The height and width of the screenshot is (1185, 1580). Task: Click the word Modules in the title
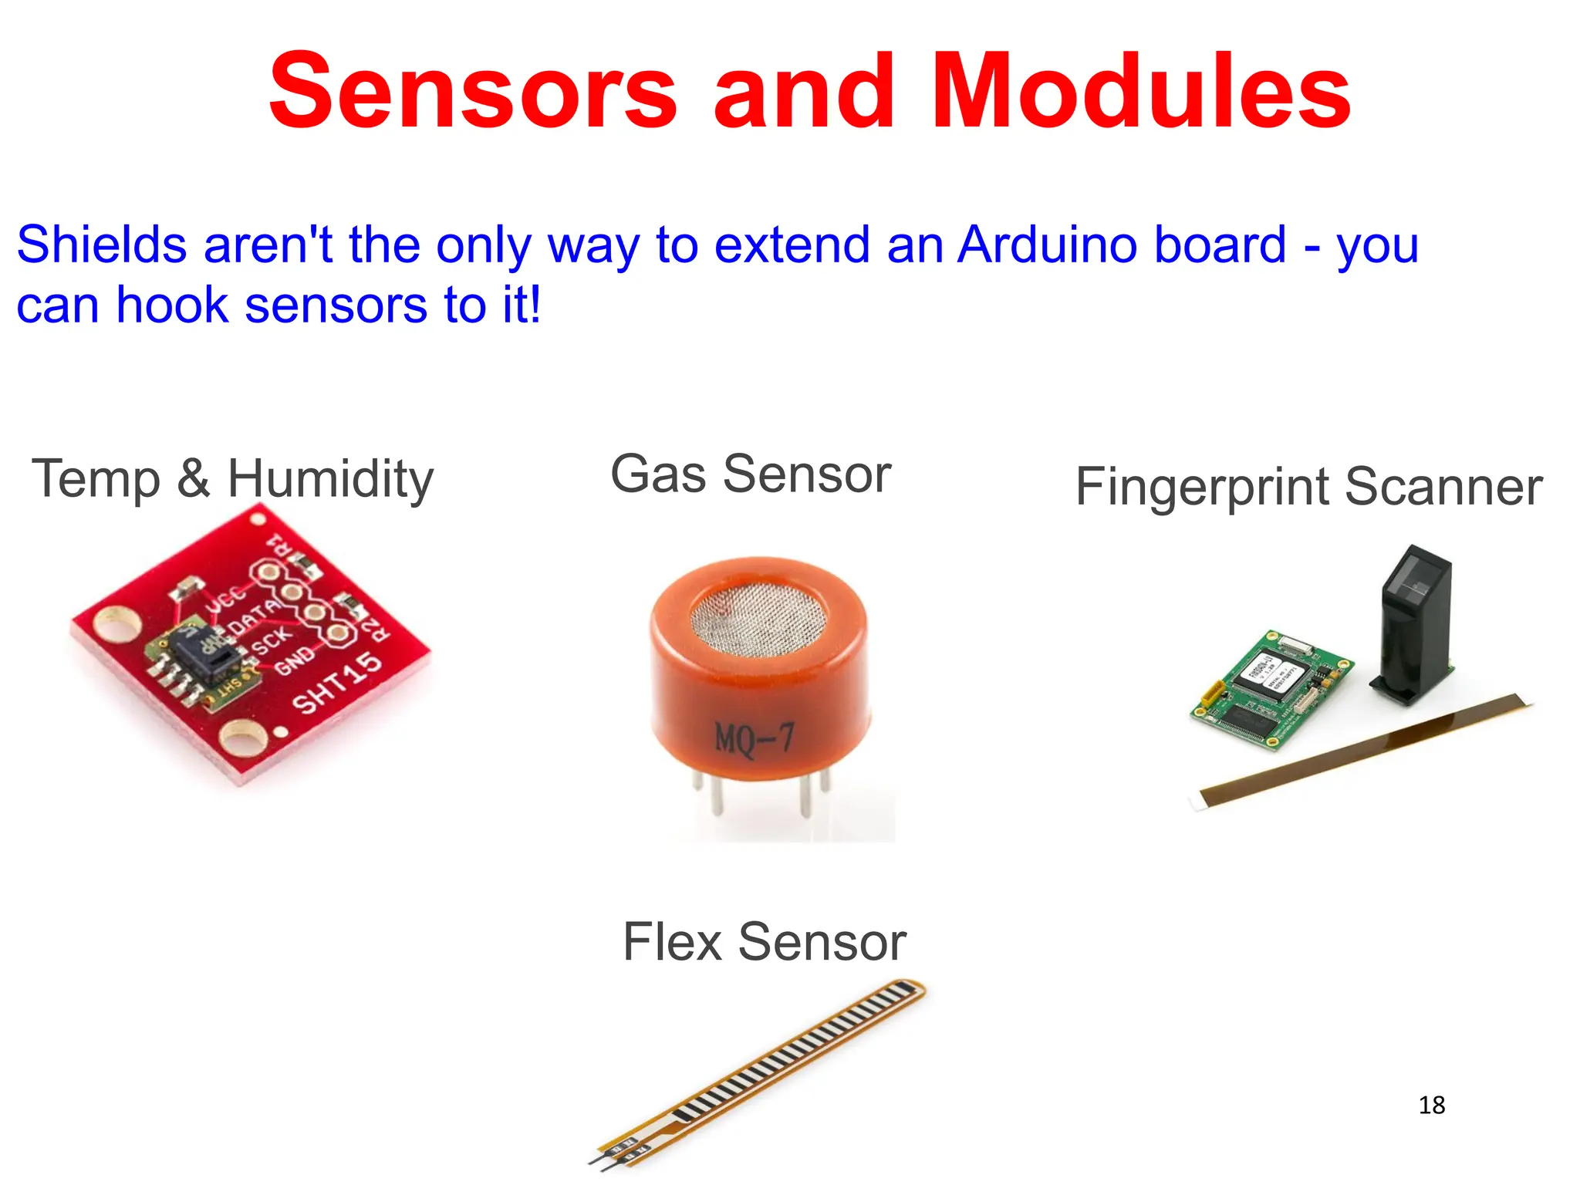(1141, 91)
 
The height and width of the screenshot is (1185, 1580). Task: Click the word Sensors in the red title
(472, 91)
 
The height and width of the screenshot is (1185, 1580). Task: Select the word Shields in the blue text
(102, 245)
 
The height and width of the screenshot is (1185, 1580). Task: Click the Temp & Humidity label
(232, 479)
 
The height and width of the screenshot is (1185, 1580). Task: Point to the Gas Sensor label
(751, 474)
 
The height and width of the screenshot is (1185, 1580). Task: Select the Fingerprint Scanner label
(1308, 487)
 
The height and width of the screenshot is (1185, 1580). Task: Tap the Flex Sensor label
(764, 942)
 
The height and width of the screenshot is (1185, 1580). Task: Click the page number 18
(1431, 1106)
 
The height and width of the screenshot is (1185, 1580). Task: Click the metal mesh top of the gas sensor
(758, 616)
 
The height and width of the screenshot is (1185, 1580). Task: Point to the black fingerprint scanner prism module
(1413, 625)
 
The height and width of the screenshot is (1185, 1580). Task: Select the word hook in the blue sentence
(172, 306)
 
